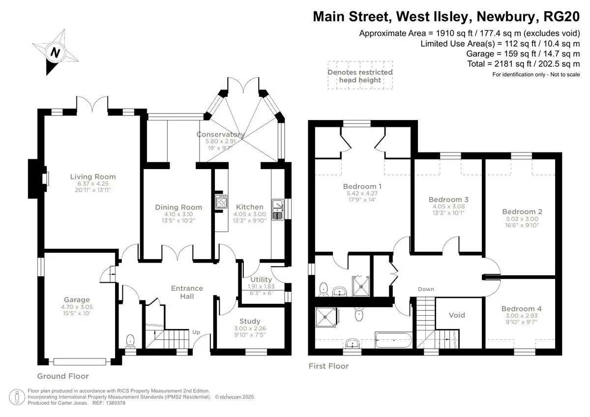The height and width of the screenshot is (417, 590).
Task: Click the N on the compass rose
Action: (x=55, y=53)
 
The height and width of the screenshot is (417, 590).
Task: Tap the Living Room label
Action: (x=93, y=177)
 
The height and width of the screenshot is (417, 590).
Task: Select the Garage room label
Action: (x=77, y=299)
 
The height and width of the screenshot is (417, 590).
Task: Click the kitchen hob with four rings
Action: (x=221, y=202)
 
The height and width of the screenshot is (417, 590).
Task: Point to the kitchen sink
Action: (x=278, y=209)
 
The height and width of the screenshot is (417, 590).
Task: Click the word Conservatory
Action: (x=220, y=134)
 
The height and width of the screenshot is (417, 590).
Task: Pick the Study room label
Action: (x=250, y=321)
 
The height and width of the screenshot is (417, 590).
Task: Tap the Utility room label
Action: (x=261, y=279)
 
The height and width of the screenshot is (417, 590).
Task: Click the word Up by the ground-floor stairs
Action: (x=196, y=332)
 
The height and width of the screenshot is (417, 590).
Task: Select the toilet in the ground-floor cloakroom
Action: (x=130, y=340)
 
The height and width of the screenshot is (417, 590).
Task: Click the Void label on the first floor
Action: (x=457, y=315)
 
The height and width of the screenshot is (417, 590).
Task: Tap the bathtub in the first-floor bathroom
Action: (x=393, y=340)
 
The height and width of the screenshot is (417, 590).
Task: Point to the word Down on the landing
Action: (x=426, y=289)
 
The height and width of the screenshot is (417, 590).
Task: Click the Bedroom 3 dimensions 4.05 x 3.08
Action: (x=448, y=207)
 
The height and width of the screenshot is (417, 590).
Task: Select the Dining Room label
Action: (x=178, y=208)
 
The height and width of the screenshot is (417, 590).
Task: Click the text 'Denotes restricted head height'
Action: (x=360, y=76)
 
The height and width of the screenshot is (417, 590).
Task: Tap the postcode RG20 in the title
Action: (x=561, y=17)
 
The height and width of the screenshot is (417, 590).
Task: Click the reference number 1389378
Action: (x=115, y=403)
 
